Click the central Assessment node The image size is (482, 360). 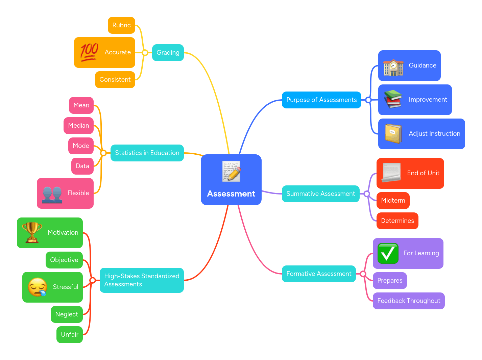(231, 180)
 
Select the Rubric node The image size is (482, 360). (121, 25)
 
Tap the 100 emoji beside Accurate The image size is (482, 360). (89, 52)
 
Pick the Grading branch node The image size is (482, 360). (168, 53)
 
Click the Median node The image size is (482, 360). (78, 126)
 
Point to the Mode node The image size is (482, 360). (81, 146)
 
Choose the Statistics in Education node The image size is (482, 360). (147, 153)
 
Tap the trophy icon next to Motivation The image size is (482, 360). (32, 233)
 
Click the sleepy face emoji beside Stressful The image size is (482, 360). (37, 287)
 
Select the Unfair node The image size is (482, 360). (70, 335)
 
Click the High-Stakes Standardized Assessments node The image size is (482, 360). (142, 280)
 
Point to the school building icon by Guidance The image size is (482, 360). (393, 67)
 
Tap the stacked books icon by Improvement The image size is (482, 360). (393, 100)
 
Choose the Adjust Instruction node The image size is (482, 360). (421, 134)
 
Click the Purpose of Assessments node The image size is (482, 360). (321, 100)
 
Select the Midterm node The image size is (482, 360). (393, 201)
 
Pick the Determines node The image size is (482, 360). (397, 221)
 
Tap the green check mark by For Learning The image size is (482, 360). (388, 253)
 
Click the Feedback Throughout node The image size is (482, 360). (408, 301)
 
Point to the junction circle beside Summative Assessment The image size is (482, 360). (367, 194)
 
